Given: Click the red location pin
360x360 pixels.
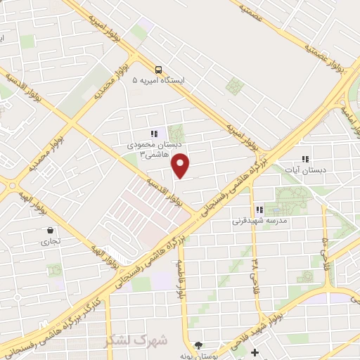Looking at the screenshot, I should (x=181, y=166).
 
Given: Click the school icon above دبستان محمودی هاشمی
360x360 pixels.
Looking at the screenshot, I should (x=154, y=133).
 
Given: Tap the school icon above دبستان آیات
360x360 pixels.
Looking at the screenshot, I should (x=304, y=159).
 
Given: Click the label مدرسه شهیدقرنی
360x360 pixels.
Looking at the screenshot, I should (x=259, y=221).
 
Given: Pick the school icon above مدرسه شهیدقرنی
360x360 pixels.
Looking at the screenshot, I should (x=259, y=209).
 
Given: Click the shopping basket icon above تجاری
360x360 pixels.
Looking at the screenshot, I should (x=51, y=229).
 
